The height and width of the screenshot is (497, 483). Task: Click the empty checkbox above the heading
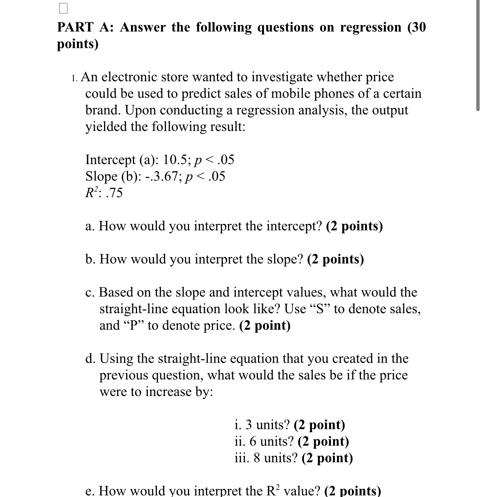tap(63, 8)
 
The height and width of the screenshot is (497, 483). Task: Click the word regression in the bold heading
tap(370, 27)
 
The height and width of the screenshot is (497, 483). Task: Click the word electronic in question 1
tap(130, 77)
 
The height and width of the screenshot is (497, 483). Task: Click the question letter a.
tap(89, 226)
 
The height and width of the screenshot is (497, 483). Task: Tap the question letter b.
tap(90, 259)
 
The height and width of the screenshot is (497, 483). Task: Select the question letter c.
tap(89, 292)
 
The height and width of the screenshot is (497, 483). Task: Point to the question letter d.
tap(90, 359)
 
